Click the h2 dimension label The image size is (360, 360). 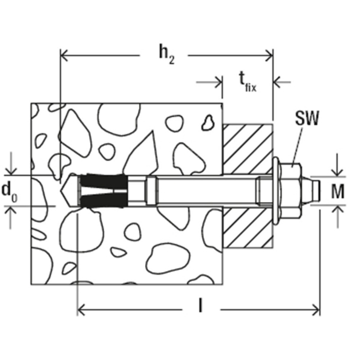(167, 55)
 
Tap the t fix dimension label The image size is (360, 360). (247, 82)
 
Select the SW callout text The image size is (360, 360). (307, 118)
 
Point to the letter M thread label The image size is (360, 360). (338, 191)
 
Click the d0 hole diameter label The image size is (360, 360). (9, 192)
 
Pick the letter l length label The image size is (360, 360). (200, 306)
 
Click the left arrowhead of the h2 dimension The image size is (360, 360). (64, 55)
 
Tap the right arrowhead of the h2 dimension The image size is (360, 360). (269, 55)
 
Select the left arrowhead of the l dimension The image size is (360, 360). (82, 310)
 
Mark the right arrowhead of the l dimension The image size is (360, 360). (316, 310)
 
